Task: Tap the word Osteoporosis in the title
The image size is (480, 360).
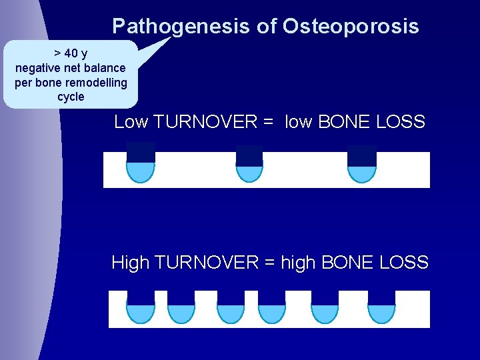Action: tap(351, 26)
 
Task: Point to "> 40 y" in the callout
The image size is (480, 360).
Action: tap(71, 53)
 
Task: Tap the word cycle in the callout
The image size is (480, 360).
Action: tap(71, 97)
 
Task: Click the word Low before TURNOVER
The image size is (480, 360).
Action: tap(131, 122)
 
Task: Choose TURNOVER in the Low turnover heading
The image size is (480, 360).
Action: tap(205, 122)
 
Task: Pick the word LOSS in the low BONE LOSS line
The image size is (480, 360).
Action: tap(401, 122)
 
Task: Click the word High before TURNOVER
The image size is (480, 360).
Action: tap(131, 263)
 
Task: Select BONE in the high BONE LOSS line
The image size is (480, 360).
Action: tap(347, 263)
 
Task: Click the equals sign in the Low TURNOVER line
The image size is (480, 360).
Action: tap(269, 123)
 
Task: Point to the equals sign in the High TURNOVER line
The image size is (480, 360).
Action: tap(270, 263)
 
